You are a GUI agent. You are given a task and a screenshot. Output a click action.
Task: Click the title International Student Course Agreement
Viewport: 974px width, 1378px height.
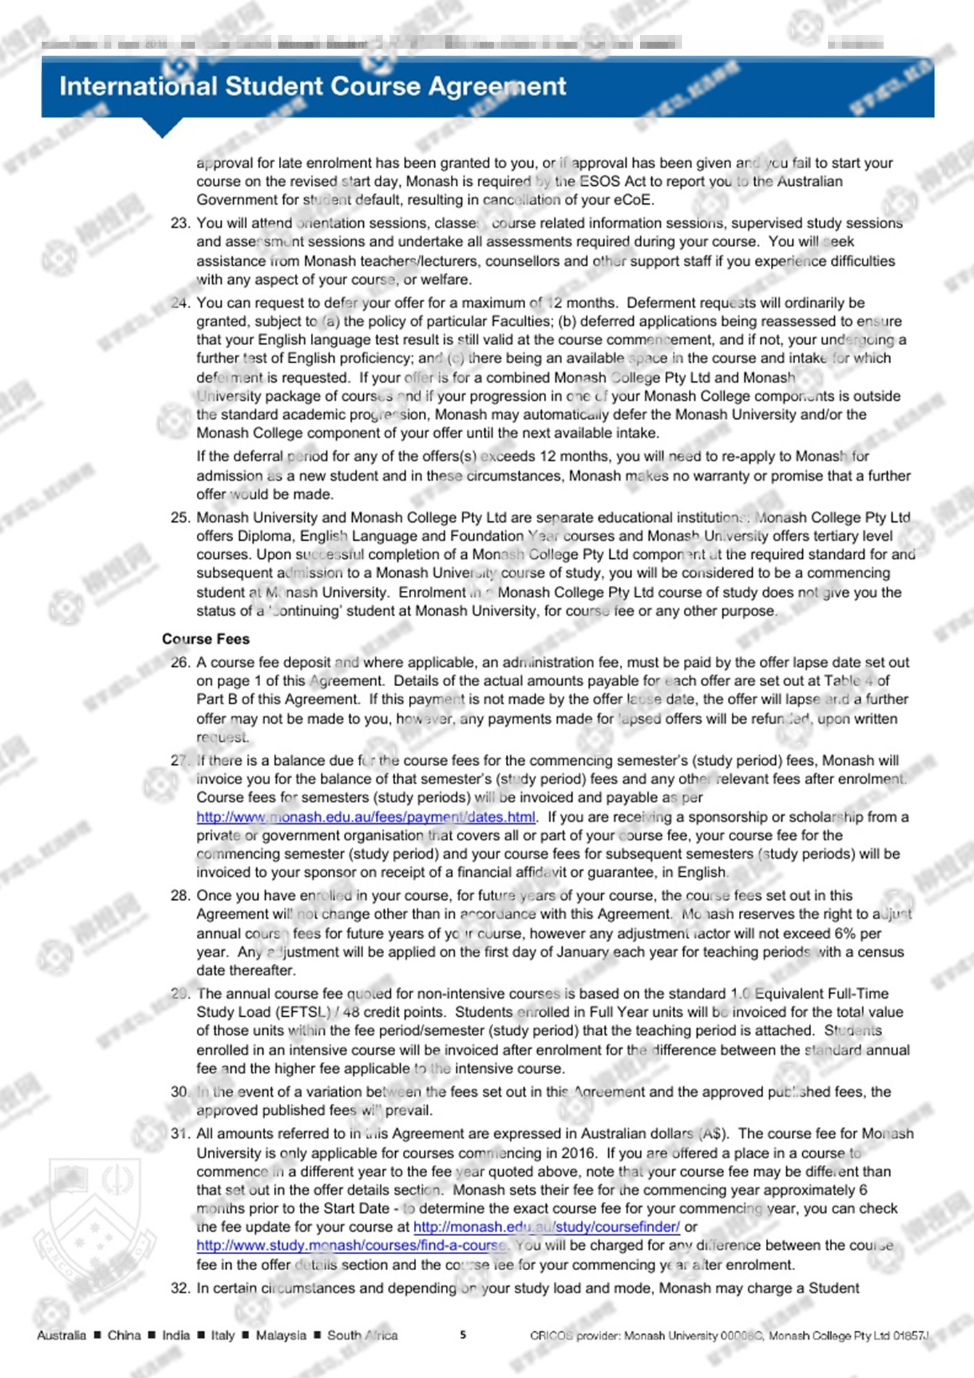click(x=312, y=86)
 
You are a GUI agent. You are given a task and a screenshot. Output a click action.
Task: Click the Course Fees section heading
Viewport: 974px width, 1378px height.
click(x=205, y=639)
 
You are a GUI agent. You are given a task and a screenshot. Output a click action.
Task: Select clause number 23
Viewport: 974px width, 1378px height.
click(x=179, y=223)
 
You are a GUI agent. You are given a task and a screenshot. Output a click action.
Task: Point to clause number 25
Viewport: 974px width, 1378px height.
click(x=179, y=518)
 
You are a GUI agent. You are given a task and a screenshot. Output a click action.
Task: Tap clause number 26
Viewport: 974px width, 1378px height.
click(x=179, y=663)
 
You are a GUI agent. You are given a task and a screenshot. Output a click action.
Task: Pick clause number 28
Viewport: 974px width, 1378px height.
click(x=179, y=896)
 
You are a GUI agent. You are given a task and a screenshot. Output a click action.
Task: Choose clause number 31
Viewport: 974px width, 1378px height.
click(x=179, y=1134)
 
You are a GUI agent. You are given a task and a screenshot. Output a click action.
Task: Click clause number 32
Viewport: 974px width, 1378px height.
click(x=179, y=1288)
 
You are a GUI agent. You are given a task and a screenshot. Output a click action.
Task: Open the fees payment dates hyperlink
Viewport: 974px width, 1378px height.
click(x=366, y=817)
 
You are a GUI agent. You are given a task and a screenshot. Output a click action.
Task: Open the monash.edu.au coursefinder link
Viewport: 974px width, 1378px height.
click(x=546, y=1227)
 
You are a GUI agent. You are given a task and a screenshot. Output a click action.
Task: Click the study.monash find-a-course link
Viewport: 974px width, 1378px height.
click(x=351, y=1245)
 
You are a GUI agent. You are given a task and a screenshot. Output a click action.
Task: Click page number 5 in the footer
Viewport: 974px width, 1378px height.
click(x=463, y=1335)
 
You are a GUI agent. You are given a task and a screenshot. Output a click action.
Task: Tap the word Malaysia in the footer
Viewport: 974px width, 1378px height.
click(x=280, y=1335)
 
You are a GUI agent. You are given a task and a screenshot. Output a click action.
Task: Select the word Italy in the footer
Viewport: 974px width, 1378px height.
click(x=223, y=1335)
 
